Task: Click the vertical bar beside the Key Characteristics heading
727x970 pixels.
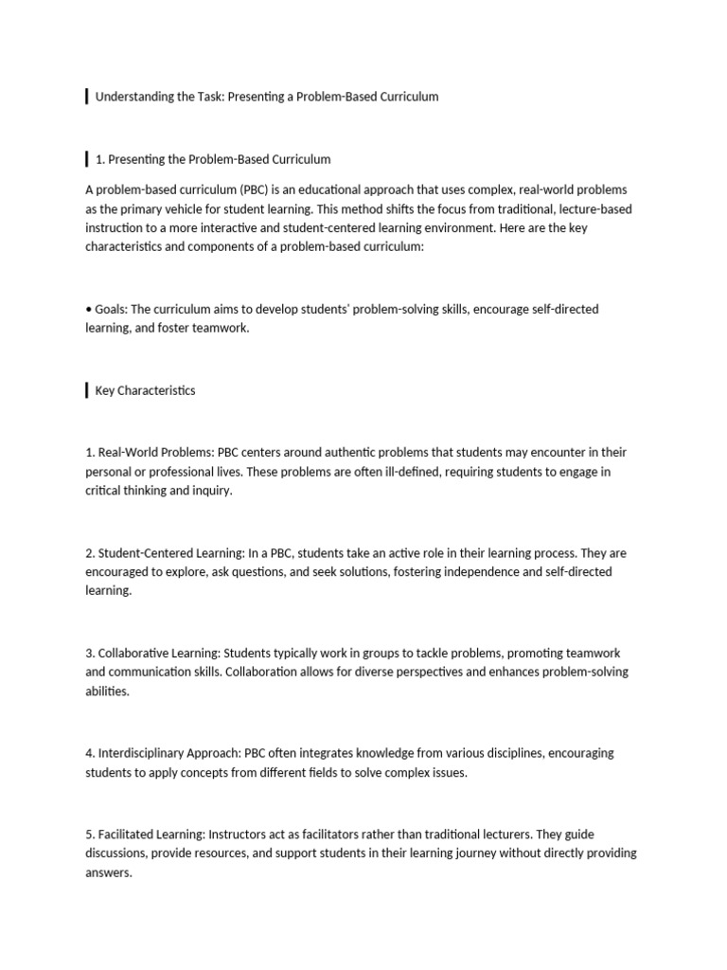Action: point(87,390)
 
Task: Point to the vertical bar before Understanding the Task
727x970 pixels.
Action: point(87,96)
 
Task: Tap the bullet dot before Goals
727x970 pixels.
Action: point(88,309)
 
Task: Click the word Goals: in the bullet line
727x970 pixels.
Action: point(111,309)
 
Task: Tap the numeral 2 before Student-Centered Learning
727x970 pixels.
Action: point(89,553)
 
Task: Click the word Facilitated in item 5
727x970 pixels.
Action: point(126,835)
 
